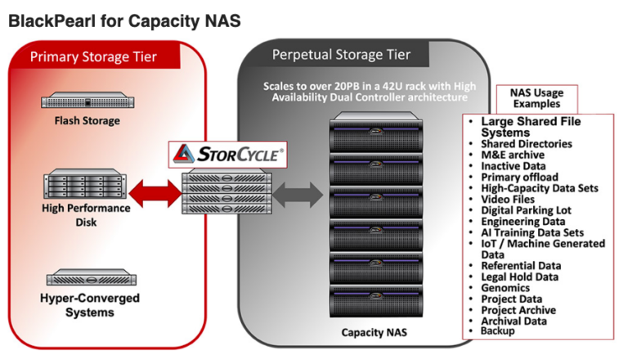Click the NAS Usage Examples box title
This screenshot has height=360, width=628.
tap(536, 99)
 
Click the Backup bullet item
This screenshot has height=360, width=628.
tap(498, 331)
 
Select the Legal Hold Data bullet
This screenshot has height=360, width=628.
tap(519, 277)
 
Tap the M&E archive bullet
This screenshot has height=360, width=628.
tap(512, 155)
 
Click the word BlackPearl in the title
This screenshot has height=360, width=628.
tap(49, 20)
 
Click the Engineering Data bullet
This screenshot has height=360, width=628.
tap(523, 221)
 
